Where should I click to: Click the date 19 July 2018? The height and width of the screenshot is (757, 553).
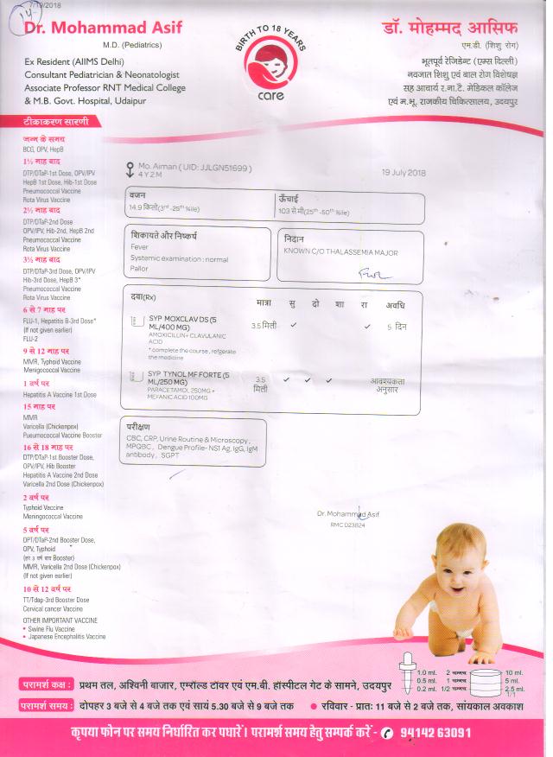pyautogui.click(x=404, y=173)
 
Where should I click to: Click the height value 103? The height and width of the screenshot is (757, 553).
pyautogui.click(x=285, y=210)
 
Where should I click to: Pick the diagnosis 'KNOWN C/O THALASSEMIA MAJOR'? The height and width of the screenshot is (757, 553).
pyautogui.click(x=335, y=251)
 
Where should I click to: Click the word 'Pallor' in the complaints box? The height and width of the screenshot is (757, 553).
pyautogui.click(x=139, y=269)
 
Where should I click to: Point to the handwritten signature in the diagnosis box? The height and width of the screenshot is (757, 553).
pyautogui.click(x=374, y=274)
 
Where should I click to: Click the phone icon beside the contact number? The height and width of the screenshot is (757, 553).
pyautogui.click(x=386, y=733)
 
